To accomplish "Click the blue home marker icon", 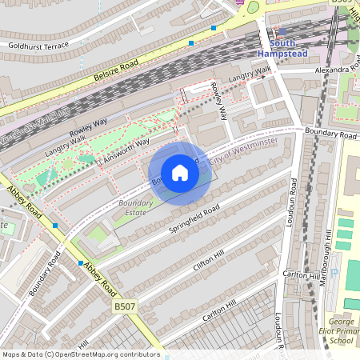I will coord(180,173).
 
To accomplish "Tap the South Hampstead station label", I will coord(282,48).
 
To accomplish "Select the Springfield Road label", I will coord(194,221).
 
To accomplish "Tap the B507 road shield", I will coord(124,306).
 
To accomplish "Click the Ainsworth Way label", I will coord(127,150).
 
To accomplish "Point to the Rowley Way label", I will coord(87,128).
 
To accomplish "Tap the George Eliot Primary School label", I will coord(342,330).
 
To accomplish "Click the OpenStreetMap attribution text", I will coord(81,354).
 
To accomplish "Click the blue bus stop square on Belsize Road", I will coord(191,42).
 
